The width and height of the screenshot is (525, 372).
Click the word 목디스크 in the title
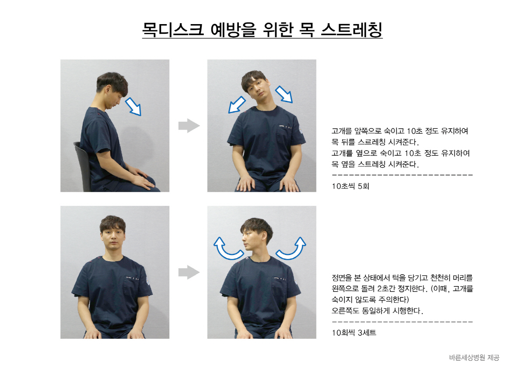pos(173,29)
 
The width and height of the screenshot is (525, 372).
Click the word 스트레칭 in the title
pos(352,29)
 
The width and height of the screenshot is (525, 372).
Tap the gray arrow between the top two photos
pos(189,126)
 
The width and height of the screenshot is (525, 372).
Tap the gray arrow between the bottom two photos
pos(189,272)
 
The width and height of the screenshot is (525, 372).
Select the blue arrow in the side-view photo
pos(133,107)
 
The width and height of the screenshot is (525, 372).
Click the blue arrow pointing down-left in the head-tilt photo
pos(237,105)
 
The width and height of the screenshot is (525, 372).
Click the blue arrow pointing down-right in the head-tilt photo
pos(284,94)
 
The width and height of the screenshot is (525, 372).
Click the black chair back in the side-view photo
pos(82,164)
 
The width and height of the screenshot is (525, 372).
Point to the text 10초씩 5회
pos(350,186)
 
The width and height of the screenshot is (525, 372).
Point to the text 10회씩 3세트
pos(354,333)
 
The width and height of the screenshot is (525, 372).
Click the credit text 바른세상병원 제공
pos(474,358)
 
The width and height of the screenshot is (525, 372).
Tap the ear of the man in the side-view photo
pos(108,90)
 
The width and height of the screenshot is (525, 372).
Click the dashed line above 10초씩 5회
pos(402,175)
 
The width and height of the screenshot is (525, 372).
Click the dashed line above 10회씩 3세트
pos(402,322)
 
